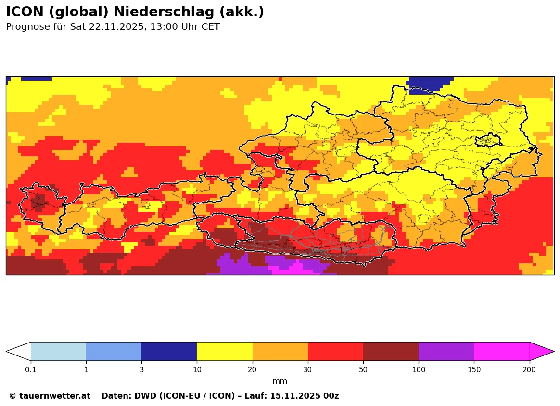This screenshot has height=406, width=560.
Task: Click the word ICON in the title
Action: coord(23,12)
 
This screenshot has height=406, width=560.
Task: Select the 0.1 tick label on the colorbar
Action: coord(31,369)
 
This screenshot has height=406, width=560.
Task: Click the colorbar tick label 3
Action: coord(141,369)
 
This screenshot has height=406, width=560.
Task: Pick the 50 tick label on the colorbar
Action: coord(363,369)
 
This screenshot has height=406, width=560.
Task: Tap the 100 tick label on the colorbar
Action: coord(419,369)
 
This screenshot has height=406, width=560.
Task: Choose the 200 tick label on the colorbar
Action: coord(529,369)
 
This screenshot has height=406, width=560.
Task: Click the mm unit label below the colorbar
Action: coord(280,381)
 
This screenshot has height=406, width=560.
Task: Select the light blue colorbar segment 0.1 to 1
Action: coord(58,351)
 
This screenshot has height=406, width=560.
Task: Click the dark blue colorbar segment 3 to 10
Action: coord(169,351)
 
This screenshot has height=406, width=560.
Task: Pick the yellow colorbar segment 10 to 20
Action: coord(225,351)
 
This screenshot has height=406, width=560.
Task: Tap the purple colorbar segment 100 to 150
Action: coord(446,351)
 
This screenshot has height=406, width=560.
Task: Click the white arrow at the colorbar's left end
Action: coord(18,351)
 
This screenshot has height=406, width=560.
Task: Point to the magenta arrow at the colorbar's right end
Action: coord(541,351)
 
